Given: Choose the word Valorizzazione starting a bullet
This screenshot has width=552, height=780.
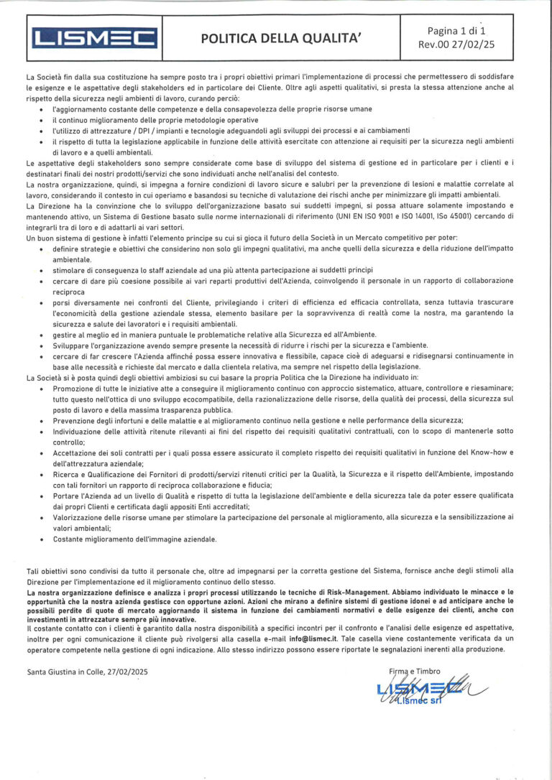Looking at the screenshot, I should (x=76, y=516).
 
